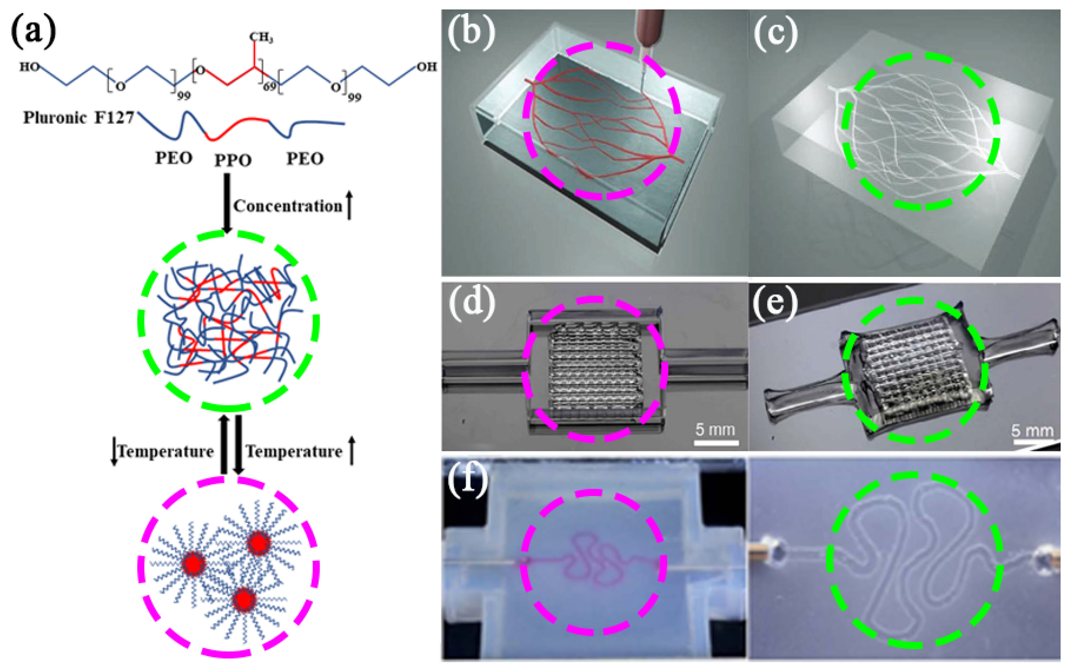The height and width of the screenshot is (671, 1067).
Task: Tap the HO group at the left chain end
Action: click(29, 66)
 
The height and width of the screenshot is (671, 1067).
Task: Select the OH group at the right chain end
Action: click(426, 66)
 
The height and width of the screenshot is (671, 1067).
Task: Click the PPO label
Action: click(233, 160)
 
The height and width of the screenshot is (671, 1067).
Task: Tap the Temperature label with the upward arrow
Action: click(294, 451)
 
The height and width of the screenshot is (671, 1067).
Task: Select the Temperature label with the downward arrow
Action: click(165, 451)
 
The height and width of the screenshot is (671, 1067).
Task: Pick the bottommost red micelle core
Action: click(244, 600)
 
